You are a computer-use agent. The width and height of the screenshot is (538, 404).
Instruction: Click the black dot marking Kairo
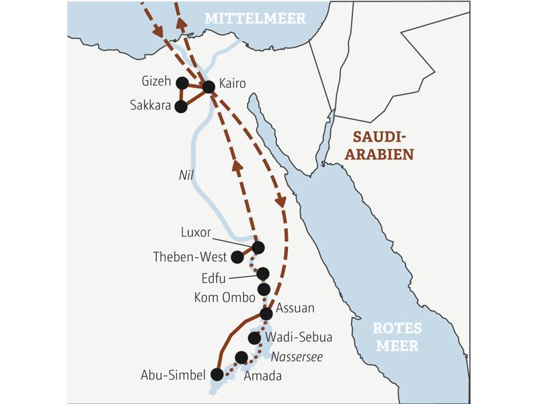click(208, 86)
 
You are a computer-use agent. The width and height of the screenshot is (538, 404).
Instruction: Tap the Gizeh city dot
click(182, 83)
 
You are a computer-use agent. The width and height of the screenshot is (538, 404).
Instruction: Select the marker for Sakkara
click(180, 106)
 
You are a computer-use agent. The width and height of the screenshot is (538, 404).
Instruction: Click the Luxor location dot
click(258, 248)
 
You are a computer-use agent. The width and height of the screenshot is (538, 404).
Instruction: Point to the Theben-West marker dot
click(237, 257)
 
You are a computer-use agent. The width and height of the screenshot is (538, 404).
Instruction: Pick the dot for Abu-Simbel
click(217, 374)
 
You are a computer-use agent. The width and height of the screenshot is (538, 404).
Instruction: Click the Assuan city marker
click(266, 314)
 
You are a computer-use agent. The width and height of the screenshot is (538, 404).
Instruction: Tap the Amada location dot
click(241, 357)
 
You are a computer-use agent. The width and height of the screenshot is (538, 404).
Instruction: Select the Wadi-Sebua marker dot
click(254, 338)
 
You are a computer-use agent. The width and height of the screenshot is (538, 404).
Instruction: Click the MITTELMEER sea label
click(255, 18)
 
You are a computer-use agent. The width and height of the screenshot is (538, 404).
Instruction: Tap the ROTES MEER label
click(397, 337)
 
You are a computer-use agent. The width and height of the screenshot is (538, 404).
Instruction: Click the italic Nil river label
click(186, 175)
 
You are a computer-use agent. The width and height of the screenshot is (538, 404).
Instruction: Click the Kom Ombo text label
click(224, 297)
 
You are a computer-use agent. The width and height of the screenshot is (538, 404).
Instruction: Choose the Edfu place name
click(215, 278)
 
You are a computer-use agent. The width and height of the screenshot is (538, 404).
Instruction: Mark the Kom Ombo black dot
click(264, 290)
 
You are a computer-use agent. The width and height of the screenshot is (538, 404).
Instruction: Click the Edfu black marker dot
click(262, 273)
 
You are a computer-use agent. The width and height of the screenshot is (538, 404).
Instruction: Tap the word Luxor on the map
click(196, 233)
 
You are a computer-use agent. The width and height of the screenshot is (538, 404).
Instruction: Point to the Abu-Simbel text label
click(173, 375)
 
